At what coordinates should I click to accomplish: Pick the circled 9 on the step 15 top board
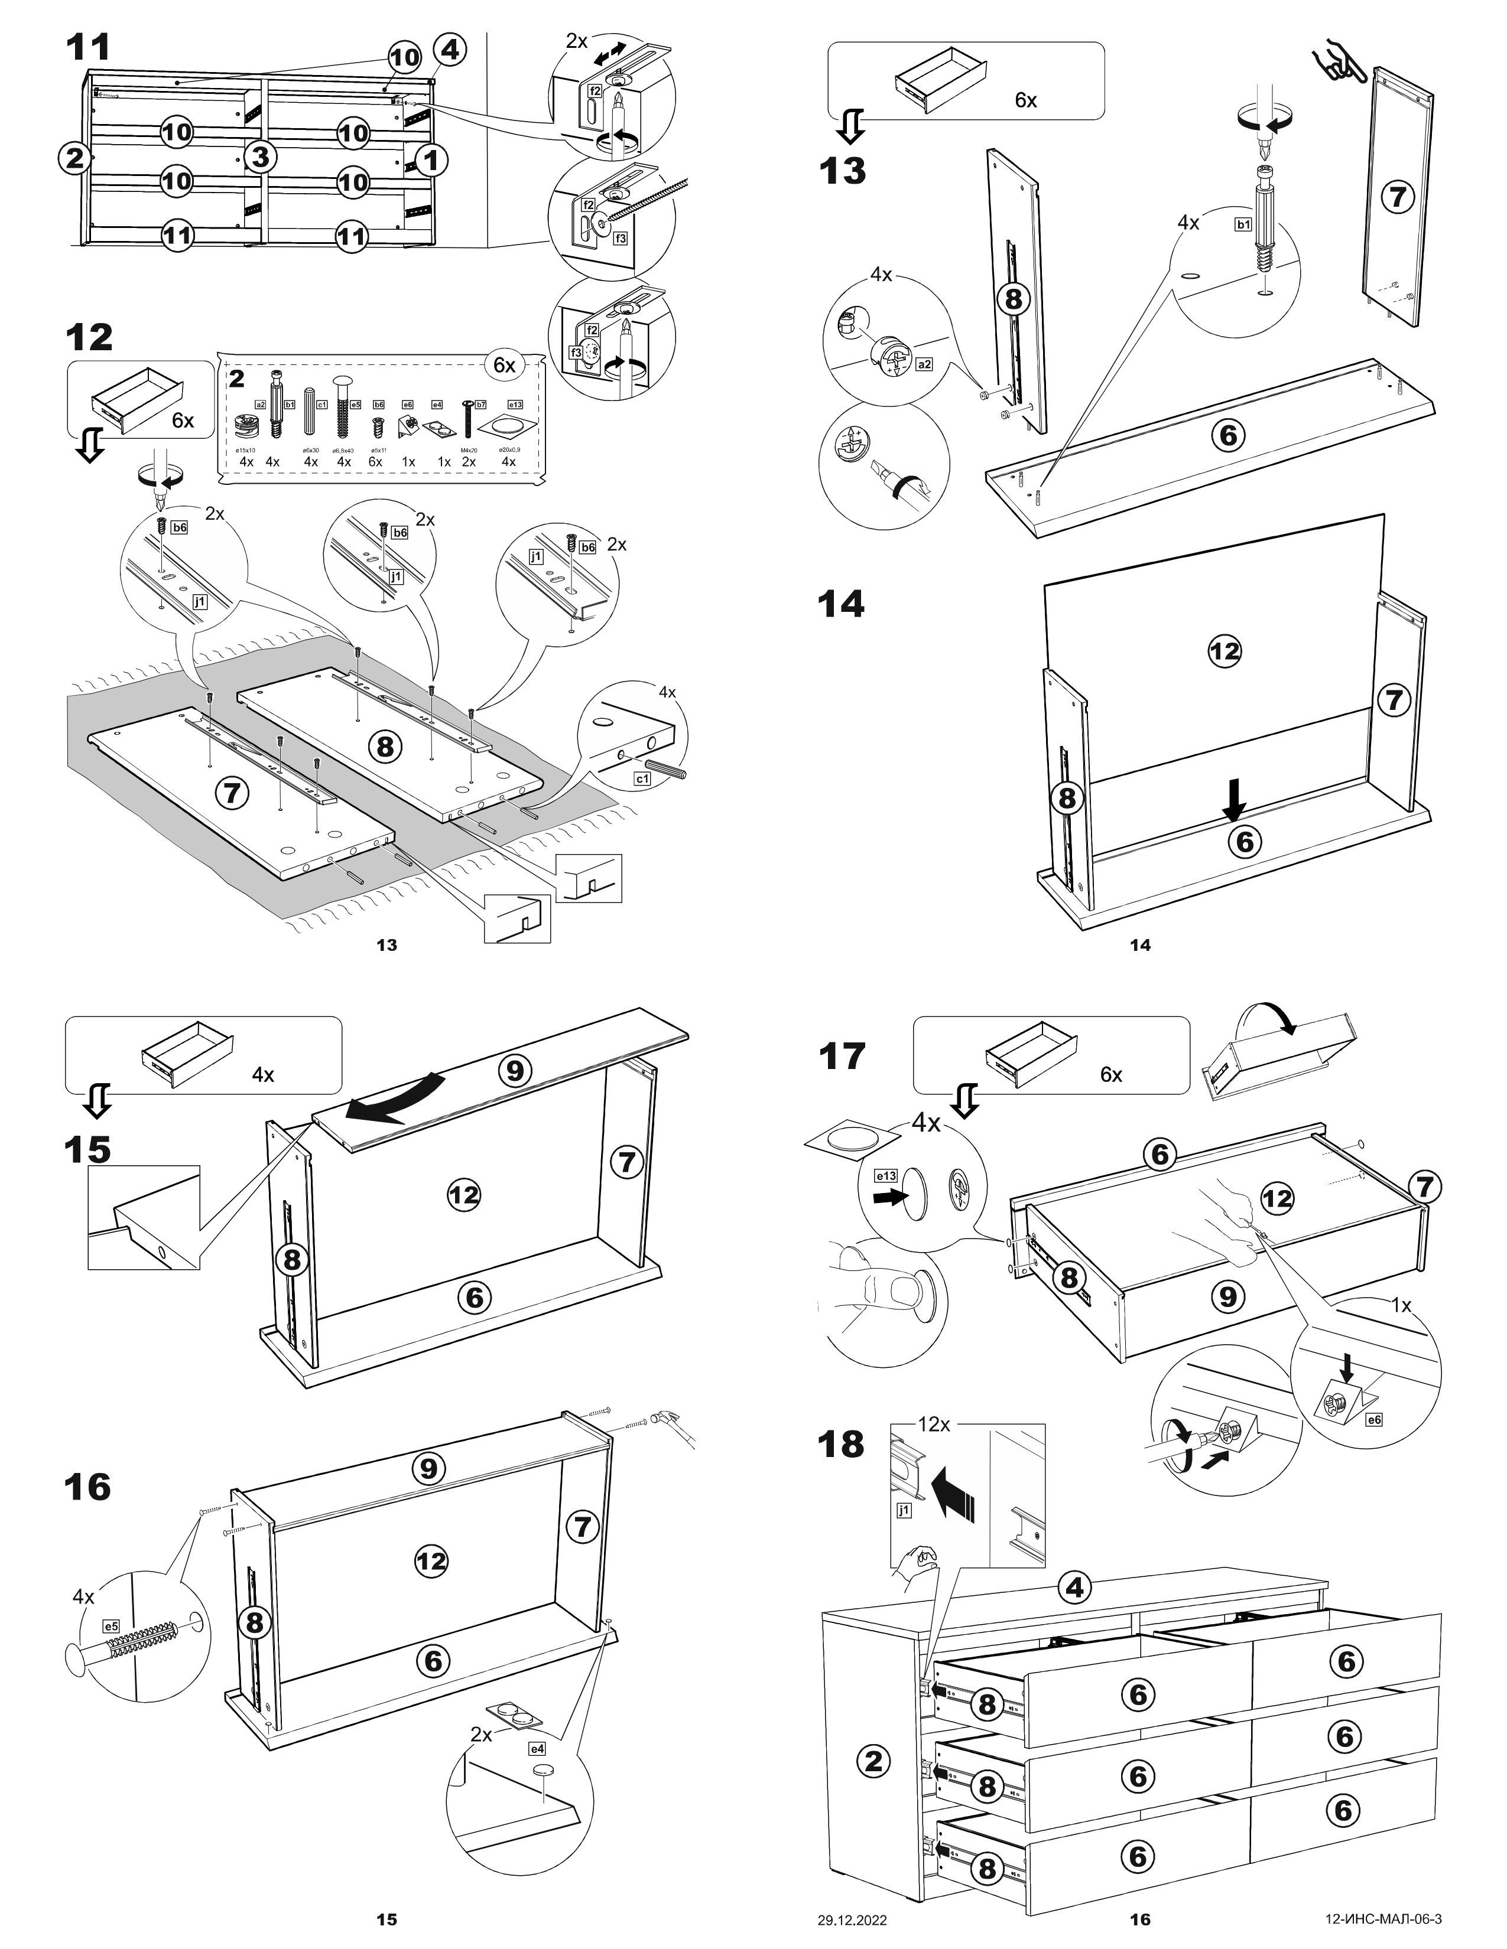514,1069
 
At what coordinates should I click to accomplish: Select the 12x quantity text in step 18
934,1425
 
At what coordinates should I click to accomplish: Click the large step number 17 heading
842,1057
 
